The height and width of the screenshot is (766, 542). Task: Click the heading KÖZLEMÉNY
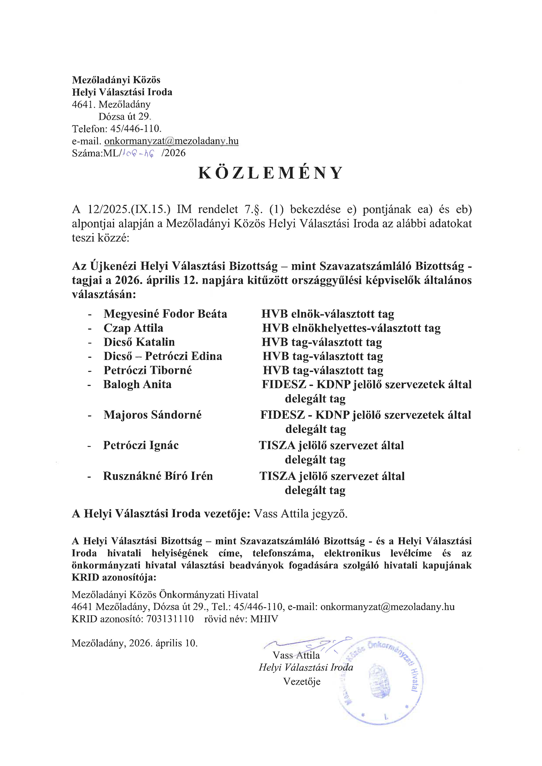(x=270, y=173)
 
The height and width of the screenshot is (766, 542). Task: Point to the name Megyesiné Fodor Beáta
(x=165, y=314)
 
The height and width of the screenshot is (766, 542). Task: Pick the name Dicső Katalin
(x=139, y=342)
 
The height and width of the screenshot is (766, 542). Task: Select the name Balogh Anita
(x=137, y=384)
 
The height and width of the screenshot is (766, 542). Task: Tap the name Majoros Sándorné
(x=153, y=415)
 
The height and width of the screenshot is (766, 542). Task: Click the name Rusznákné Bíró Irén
(x=158, y=476)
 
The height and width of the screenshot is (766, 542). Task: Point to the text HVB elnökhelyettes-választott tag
(x=351, y=328)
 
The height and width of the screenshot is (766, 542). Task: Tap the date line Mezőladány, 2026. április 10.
(x=134, y=643)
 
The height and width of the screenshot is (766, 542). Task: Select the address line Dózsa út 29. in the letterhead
(x=125, y=116)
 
